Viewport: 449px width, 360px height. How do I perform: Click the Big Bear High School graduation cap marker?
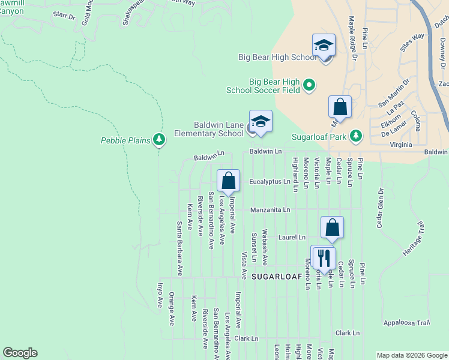click(324, 46)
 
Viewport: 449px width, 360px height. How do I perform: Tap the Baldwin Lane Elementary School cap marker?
click(261, 122)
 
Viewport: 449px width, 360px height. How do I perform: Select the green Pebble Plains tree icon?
click(159, 140)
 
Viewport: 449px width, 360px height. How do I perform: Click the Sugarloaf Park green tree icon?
click(356, 136)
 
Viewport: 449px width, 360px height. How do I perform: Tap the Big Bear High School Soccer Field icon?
click(309, 85)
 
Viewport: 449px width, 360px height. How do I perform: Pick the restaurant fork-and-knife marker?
click(324, 257)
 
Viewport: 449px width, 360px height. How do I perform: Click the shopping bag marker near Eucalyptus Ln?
click(228, 181)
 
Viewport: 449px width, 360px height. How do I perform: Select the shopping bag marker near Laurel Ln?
click(332, 228)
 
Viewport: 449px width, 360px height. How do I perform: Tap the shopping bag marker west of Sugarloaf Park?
click(340, 107)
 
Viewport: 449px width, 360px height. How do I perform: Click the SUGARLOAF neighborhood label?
click(275, 277)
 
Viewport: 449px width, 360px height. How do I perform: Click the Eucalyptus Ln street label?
click(270, 181)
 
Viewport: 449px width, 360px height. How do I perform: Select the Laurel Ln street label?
click(292, 238)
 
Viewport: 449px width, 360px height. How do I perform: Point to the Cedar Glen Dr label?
click(379, 209)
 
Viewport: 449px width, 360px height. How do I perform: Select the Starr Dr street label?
click(64, 15)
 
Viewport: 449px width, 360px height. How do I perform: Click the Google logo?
click(20, 353)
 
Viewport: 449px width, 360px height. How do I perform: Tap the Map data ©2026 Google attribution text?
click(412, 355)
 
